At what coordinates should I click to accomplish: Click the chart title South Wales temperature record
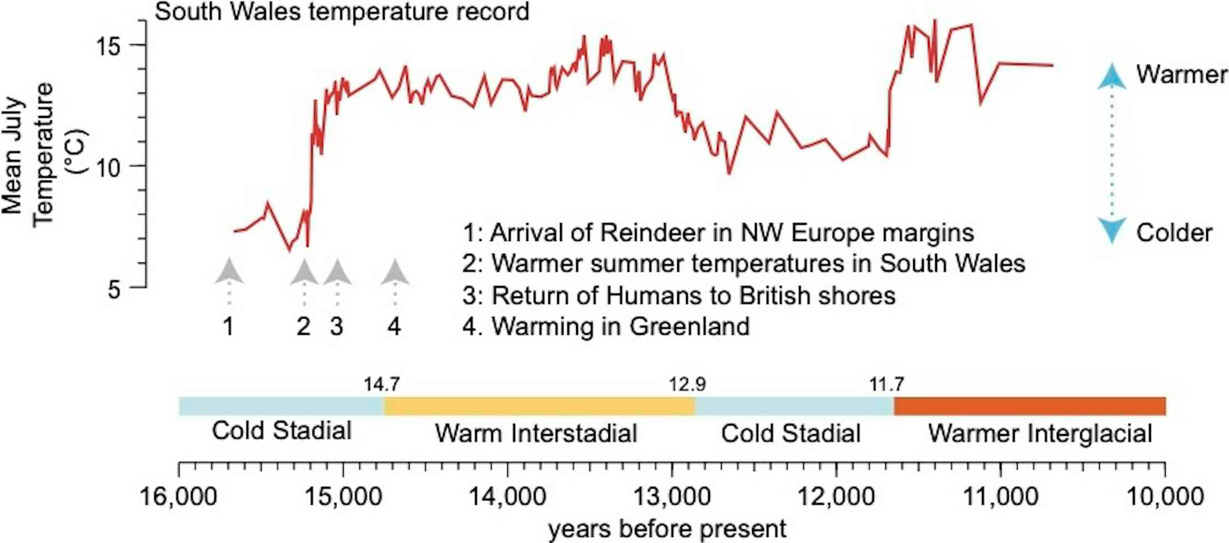coord(341,12)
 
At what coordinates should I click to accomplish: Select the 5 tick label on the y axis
coord(114,289)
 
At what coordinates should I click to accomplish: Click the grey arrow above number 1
coord(229,272)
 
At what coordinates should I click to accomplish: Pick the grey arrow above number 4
coord(395,273)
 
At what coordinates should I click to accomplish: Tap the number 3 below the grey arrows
coord(336,326)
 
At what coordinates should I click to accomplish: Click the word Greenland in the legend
coord(689,326)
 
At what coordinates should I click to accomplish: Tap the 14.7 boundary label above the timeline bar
coord(381,384)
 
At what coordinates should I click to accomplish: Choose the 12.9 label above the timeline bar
coord(687,384)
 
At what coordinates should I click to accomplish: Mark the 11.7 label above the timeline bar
coord(886,384)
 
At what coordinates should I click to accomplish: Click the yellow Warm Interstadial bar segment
coord(538,406)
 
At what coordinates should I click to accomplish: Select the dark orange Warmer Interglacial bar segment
coord(1029,406)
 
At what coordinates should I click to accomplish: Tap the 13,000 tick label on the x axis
coord(672,496)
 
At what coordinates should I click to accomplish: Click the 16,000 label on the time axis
coord(178,496)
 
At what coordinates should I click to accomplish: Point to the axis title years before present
coord(667,529)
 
